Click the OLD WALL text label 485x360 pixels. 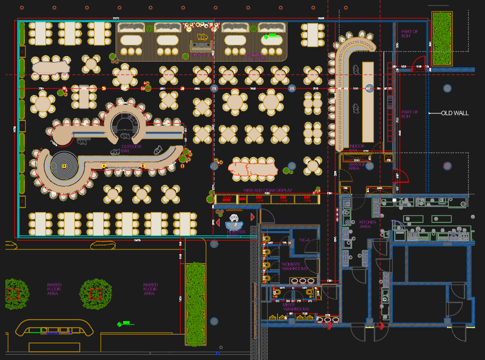pyautogui.click(x=455, y=113)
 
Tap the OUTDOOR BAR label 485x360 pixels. pyautogui.click(x=131, y=148)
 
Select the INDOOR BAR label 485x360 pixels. pyautogui.click(x=356, y=147)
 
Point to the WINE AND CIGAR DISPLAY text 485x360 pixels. pyautogui.click(x=268, y=191)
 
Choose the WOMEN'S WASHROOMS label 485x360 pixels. pyautogui.click(x=294, y=266)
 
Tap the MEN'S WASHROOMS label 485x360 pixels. pyautogui.click(x=296, y=307)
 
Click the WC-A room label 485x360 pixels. pyautogui.click(x=305, y=240)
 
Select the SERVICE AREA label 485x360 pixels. pyautogui.click(x=354, y=166)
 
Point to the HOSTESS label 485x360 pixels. pyautogui.click(x=236, y=232)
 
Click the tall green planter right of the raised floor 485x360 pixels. pyautogui.click(x=196, y=303)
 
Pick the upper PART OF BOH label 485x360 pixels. pyautogui.click(x=409, y=33)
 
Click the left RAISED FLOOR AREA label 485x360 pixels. pyautogui.click(x=54, y=289)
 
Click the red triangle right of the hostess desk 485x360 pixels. pyautogui.click(x=252, y=217)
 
